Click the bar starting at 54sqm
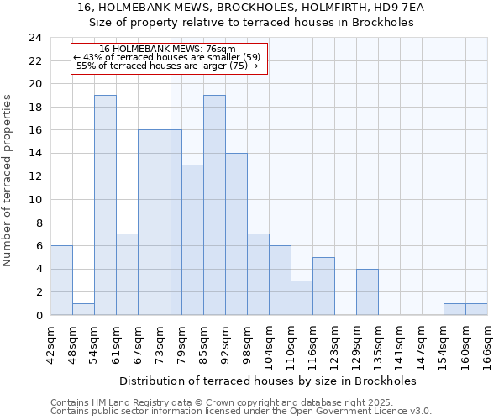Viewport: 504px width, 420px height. coord(105,205)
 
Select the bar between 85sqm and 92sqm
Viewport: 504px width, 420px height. coord(214,205)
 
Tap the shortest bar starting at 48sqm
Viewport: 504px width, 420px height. coord(83,309)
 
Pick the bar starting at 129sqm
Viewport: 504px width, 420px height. coord(367,291)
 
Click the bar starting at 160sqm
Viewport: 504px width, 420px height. coord(476,309)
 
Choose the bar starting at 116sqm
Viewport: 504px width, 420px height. coord(323,286)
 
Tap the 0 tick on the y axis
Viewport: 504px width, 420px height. coord(39,315)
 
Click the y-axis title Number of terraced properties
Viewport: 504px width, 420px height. coord(8,180)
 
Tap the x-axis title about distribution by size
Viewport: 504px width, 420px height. coord(267,381)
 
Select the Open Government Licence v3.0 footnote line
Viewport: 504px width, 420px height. coord(241,411)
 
